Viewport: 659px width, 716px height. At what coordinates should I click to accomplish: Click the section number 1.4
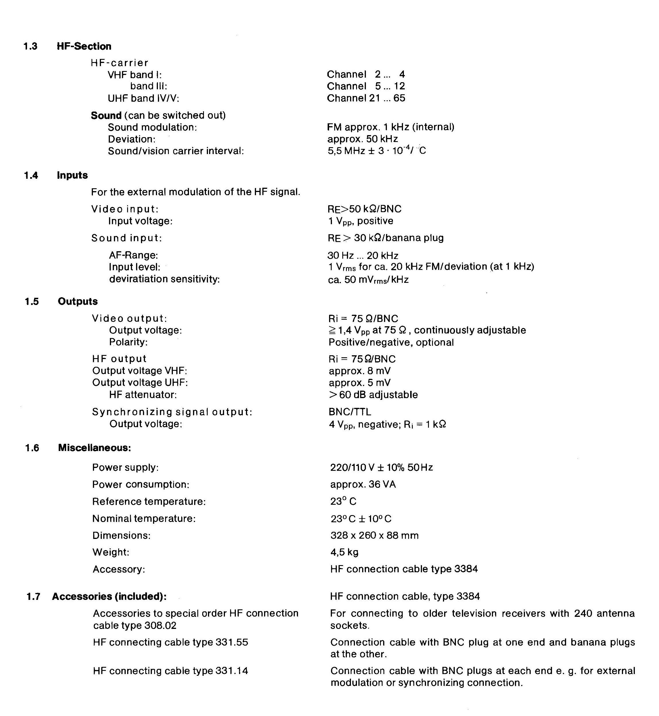pyautogui.click(x=31, y=175)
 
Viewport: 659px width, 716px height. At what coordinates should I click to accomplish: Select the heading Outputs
pyautogui.click(x=78, y=302)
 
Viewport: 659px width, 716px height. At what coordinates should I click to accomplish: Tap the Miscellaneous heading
pyautogui.click(x=95, y=448)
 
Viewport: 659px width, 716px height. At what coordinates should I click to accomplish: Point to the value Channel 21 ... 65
pyautogui.click(x=366, y=98)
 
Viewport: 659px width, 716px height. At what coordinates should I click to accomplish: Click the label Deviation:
pyautogui.click(x=131, y=139)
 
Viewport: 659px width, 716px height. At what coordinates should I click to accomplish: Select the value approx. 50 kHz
pyautogui.click(x=362, y=139)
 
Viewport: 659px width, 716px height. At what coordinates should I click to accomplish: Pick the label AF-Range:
pyautogui.click(x=133, y=255)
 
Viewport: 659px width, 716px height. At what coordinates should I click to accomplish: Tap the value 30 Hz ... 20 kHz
pyautogui.click(x=363, y=256)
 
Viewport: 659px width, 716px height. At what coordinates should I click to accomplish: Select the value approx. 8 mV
pyautogui.click(x=360, y=371)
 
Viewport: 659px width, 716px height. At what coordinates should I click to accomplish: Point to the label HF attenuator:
pyautogui.click(x=143, y=395)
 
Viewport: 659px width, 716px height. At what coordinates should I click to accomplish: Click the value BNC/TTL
pyautogui.click(x=349, y=412)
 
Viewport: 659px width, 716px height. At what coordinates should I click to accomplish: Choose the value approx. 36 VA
pyautogui.click(x=363, y=485)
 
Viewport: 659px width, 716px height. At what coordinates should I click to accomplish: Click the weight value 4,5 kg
pyautogui.click(x=344, y=552)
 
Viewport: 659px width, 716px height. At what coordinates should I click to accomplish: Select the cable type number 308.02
pyautogui.click(x=161, y=626)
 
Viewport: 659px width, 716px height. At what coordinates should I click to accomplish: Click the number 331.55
pyautogui.click(x=232, y=643)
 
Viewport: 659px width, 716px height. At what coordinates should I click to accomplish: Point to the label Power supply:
pyautogui.click(x=125, y=468)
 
